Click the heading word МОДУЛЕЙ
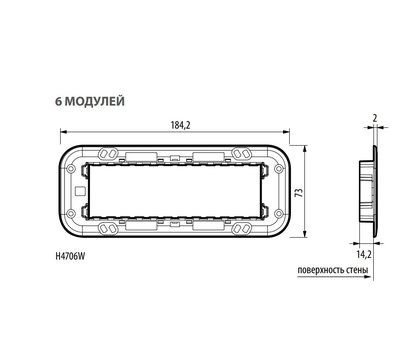click(94, 101)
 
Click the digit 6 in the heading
click(58, 101)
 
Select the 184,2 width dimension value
click(180, 125)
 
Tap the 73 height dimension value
click(300, 192)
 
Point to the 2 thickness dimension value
click(375, 118)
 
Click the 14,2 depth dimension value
click(364, 255)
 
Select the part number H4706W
click(70, 256)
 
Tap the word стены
click(357, 270)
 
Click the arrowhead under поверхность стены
click(368, 277)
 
